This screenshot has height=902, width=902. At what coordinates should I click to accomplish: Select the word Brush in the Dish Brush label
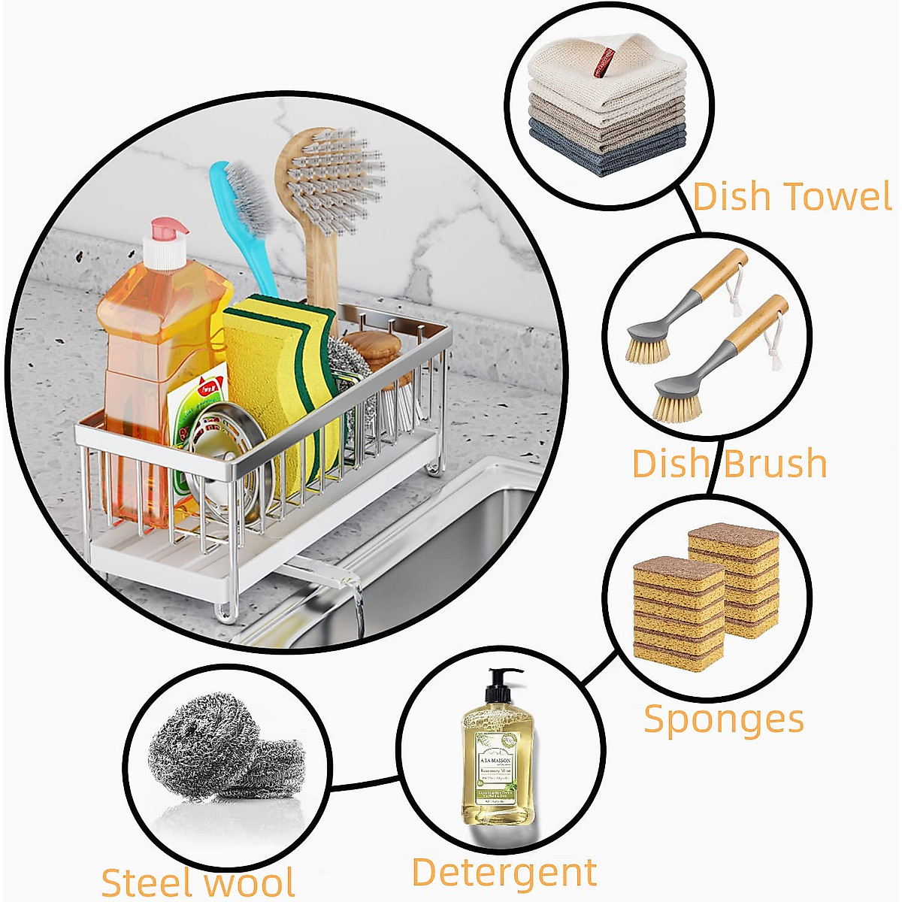pyautogui.click(x=774, y=463)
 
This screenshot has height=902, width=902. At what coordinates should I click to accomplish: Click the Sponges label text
pyautogui.click(x=724, y=719)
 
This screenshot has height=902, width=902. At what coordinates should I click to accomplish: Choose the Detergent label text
pyautogui.click(x=504, y=873)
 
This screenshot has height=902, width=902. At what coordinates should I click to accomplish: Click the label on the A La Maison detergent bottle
pyautogui.click(x=497, y=767)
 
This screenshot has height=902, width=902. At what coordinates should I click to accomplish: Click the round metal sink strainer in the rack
pyautogui.click(x=218, y=459)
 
